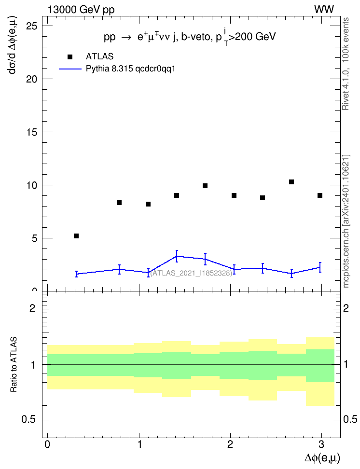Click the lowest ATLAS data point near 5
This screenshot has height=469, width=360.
[x=76, y=236]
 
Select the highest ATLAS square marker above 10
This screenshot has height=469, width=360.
[x=291, y=182]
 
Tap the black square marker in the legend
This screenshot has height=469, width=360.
[x=70, y=57]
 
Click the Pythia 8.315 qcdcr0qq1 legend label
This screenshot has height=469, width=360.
[x=130, y=69]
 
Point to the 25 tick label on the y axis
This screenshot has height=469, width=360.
[x=32, y=27]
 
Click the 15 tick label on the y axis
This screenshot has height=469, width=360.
[x=32, y=132]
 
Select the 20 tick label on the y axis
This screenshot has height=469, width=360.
[x=32, y=79]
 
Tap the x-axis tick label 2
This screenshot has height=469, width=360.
[x=230, y=444]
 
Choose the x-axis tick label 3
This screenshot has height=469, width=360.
[x=321, y=444]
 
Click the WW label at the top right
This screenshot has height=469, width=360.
[x=324, y=10]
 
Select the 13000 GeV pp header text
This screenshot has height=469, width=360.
[x=81, y=10]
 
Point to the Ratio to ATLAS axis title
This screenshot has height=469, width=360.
[x=14, y=365]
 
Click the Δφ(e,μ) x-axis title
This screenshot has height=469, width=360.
[x=322, y=457]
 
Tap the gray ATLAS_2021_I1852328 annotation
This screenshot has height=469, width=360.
[x=191, y=273]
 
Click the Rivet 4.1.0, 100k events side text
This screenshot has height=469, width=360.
[x=346, y=64]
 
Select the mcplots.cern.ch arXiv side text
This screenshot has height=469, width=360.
[x=346, y=221]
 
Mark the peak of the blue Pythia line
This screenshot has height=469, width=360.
[x=177, y=256]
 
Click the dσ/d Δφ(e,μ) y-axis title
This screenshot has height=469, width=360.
[x=13, y=45]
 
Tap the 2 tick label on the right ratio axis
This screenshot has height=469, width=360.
[x=346, y=308]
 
